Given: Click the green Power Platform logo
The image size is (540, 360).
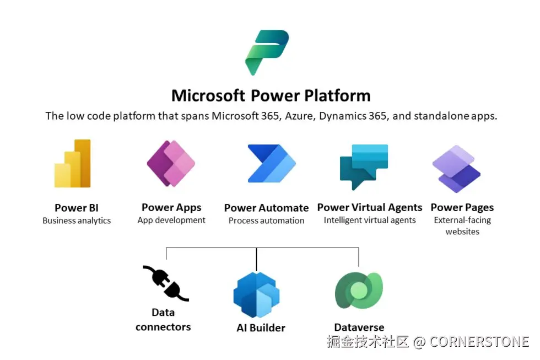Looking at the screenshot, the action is pos(267,52).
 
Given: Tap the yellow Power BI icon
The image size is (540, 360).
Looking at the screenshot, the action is pos(73,164).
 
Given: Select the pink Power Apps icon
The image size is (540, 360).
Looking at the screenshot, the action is pos(171,164).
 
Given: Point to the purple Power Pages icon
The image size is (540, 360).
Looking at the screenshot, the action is pos(456,169).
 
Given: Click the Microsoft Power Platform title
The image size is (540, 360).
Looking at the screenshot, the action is pos(271,95).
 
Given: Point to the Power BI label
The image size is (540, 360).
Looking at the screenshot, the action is pos(77,208).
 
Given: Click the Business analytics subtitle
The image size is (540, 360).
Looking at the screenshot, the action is pos(77,221).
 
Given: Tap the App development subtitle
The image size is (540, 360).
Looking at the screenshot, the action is pos(171,220).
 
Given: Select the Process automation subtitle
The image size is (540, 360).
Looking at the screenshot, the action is pos(266,221).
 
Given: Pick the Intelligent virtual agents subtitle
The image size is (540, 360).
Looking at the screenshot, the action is pos(370,220).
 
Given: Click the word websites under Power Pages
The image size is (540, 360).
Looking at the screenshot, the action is pos(462,232).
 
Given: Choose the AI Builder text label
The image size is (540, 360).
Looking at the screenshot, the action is pos(261,327).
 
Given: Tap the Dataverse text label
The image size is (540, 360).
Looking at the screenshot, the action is pos(359,327).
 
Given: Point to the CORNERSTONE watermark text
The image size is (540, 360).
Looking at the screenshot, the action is pos(479,342).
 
